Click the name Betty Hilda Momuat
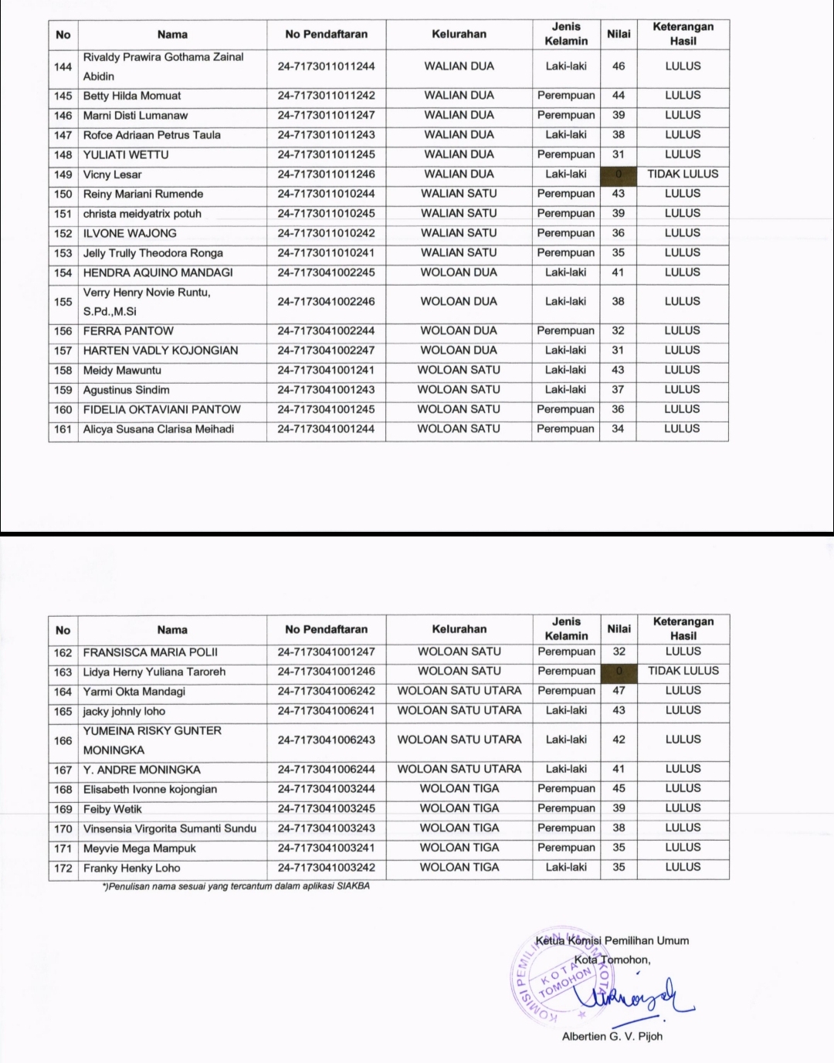[x=132, y=96]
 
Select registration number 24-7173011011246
[x=326, y=174]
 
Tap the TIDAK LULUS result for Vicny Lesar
[x=683, y=174]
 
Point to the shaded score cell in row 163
[x=619, y=672]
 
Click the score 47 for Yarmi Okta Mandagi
[x=619, y=691]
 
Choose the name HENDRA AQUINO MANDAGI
[x=158, y=273]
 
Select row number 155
[x=63, y=302]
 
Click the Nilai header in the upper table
[x=619, y=34]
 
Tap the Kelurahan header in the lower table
[x=459, y=629]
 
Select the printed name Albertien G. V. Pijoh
[x=612, y=1036]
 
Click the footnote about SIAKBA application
[x=236, y=886]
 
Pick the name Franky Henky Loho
[x=132, y=868]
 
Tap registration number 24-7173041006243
[x=326, y=740]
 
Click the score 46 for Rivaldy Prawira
[x=619, y=66]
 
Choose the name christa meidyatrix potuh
[x=142, y=214]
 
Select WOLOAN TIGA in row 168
[x=459, y=789]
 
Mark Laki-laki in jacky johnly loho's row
[x=566, y=711]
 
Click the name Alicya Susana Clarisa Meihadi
[x=158, y=429]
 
